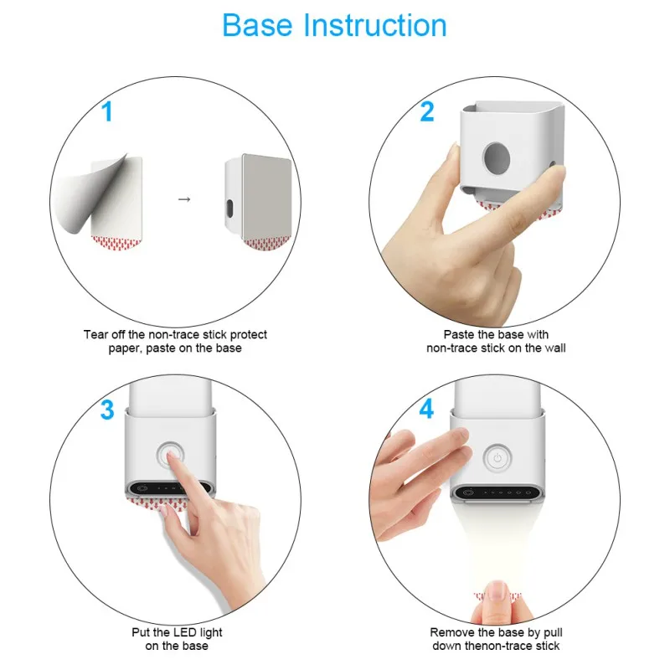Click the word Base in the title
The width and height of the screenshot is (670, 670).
tap(257, 25)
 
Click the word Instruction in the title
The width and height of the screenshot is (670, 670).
tap(374, 25)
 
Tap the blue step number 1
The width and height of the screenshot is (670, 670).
tap(107, 111)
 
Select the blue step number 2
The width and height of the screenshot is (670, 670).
tap(427, 111)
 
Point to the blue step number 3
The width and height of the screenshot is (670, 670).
tap(107, 410)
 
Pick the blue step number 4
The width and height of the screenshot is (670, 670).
tap(426, 409)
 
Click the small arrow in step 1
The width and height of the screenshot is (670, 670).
tap(184, 199)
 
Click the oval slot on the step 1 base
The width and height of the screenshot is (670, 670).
tap(229, 208)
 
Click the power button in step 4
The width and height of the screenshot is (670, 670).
tap(497, 458)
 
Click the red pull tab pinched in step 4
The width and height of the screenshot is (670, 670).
tap(497, 595)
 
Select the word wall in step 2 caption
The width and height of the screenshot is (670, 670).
tap(555, 348)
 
